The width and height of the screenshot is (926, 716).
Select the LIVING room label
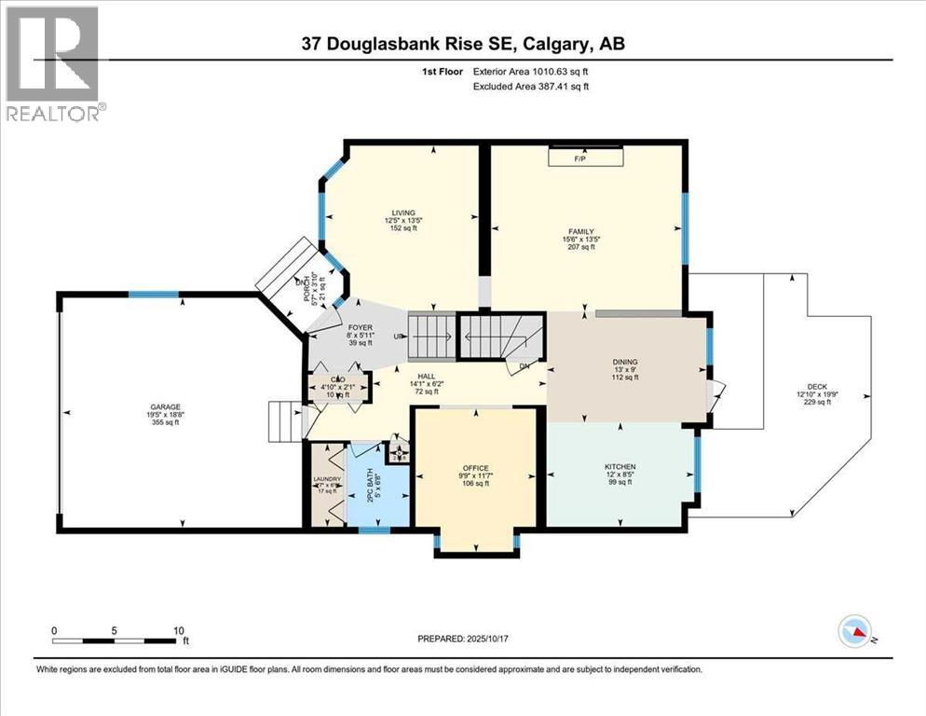pos(403,213)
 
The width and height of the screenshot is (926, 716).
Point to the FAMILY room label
pos(585,231)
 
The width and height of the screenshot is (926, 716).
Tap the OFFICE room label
pos(476,468)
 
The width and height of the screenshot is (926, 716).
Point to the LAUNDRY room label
pos(327,479)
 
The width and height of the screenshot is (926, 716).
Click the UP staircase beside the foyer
pos(430,336)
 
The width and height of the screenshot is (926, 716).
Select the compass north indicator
pos(854,632)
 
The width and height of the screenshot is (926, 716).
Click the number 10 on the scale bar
pos(178,629)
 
